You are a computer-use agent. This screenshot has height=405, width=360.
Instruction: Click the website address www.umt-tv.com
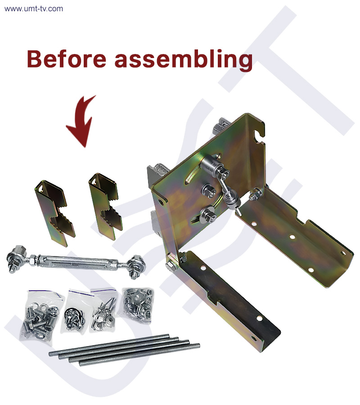[x=34, y=9]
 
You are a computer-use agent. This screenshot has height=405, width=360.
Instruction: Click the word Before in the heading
[x=66, y=58]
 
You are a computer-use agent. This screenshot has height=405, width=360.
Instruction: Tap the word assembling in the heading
[x=183, y=60]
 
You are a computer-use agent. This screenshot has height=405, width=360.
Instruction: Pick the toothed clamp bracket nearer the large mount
[x=105, y=206]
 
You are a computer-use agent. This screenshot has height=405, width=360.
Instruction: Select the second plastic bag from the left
[x=74, y=313]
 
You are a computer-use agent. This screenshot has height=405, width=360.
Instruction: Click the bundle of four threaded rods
[x=124, y=350]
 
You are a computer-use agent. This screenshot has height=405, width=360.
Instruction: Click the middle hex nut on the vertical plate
[x=209, y=191]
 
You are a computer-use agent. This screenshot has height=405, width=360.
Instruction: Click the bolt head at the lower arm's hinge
[x=171, y=266]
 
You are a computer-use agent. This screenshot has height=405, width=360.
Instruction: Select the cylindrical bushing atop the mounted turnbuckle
[x=210, y=165]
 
